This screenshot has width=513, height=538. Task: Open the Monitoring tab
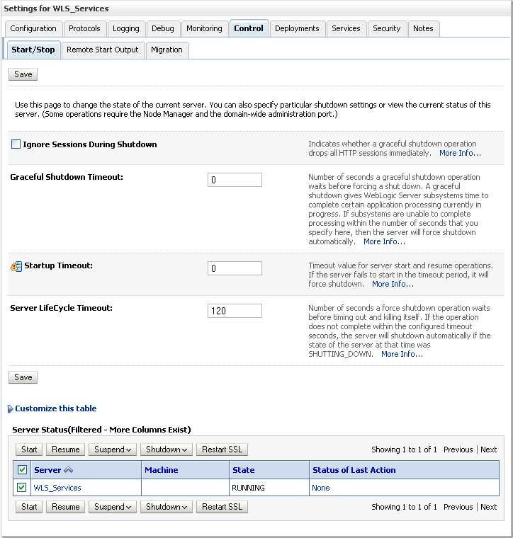(x=204, y=28)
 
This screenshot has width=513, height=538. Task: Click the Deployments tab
(x=298, y=28)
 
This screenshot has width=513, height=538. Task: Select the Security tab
(x=386, y=28)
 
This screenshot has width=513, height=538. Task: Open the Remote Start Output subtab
(x=103, y=50)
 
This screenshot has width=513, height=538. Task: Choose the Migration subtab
(x=167, y=50)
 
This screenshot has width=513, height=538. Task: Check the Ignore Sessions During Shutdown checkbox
(x=16, y=144)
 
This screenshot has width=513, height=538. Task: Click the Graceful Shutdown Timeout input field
(x=235, y=180)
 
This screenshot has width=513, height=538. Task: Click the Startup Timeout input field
(x=235, y=269)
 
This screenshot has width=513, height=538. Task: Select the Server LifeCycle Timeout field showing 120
(x=235, y=311)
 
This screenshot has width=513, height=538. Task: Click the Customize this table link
(x=55, y=408)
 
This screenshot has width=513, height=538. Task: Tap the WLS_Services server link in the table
(x=57, y=488)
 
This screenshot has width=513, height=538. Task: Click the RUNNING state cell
(x=248, y=488)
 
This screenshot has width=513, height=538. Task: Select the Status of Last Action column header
(x=354, y=470)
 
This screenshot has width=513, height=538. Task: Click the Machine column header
(x=162, y=470)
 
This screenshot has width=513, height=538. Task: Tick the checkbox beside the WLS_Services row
(x=22, y=488)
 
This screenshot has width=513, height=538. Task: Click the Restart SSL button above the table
(x=222, y=450)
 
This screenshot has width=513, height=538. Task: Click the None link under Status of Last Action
(x=320, y=488)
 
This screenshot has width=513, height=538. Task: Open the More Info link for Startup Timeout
(x=393, y=284)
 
